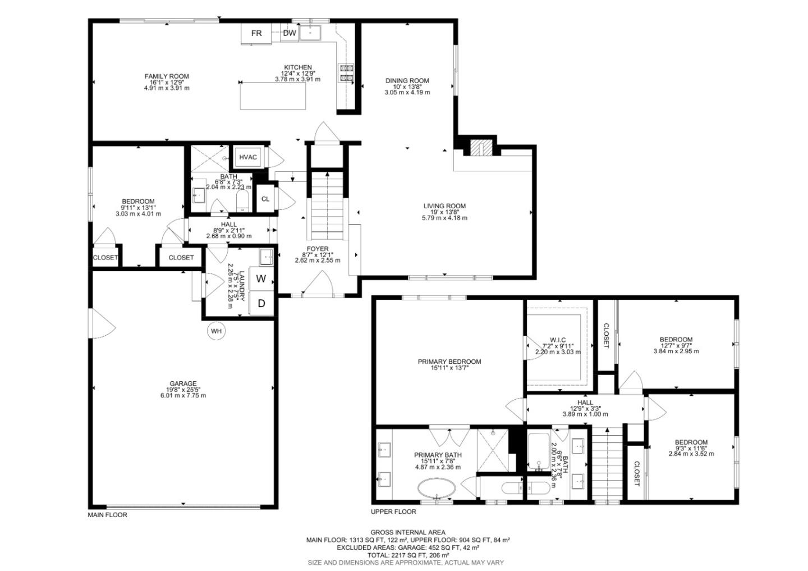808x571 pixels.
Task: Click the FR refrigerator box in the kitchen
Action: click(x=256, y=33)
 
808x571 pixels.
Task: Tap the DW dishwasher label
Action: click(x=290, y=33)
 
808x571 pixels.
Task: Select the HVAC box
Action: click(x=248, y=157)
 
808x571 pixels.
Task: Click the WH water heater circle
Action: click(x=217, y=331)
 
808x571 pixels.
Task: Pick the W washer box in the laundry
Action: click(x=261, y=278)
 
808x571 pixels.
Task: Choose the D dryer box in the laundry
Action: click(x=261, y=304)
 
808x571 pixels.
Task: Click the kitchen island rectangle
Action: click(x=273, y=95)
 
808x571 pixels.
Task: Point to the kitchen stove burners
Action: click(x=346, y=74)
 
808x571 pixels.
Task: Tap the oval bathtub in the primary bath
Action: click(x=438, y=488)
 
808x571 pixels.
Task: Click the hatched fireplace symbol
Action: click(x=476, y=148)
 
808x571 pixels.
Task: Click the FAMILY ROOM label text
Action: click(x=167, y=76)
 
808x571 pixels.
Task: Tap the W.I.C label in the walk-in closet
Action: click(x=557, y=340)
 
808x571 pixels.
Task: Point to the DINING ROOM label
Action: click(x=407, y=80)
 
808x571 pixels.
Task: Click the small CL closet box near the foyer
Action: click(x=265, y=199)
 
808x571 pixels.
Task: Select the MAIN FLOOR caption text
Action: click(x=108, y=514)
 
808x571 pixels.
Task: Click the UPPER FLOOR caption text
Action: click(x=393, y=511)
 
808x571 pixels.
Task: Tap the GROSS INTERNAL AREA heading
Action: click(x=408, y=532)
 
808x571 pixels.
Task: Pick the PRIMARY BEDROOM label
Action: click(x=449, y=362)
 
